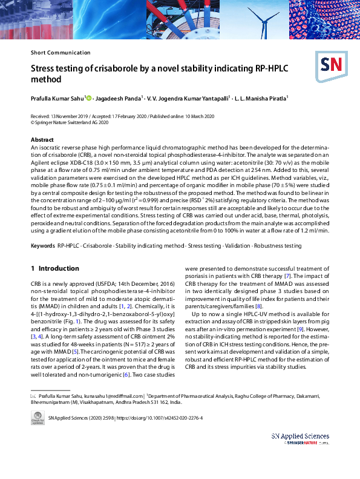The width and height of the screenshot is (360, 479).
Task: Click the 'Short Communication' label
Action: pos(60,53)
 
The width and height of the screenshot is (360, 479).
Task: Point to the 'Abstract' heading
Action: pos(42,139)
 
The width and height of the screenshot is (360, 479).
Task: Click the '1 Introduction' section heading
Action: pos(54,268)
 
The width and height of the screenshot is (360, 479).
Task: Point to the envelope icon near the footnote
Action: pos(33,395)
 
